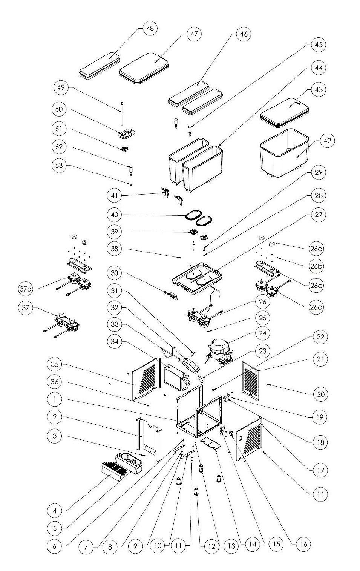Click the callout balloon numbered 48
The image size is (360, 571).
pyautogui.click(x=150, y=28)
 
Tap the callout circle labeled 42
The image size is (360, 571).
pyautogui.click(x=327, y=141)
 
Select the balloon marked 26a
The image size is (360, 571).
pyautogui.click(x=316, y=249)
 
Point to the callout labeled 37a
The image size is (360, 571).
pyautogui.click(x=26, y=289)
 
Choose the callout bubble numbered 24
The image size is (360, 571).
pyautogui.click(x=262, y=333)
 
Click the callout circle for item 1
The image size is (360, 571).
pyautogui.click(x=55, y=399)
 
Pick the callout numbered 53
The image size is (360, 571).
pyautogui.click(x=59, y=166)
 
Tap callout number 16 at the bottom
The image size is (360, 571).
pyautogui.click(x=303, y=544)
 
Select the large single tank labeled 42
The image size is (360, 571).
pyautogui.click(x=285, y=153)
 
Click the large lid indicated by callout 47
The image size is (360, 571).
pyautogui.click(x=144, y=68)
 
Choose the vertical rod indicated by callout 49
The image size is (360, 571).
pyautogui.click(x=122, y=114)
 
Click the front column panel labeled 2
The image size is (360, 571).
pyautogui.click(x=149, y=439)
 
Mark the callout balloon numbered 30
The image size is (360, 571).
pyautogui.click(x=114, y=273)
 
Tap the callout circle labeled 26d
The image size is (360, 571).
pyautogui.click(x=316, y=307)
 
